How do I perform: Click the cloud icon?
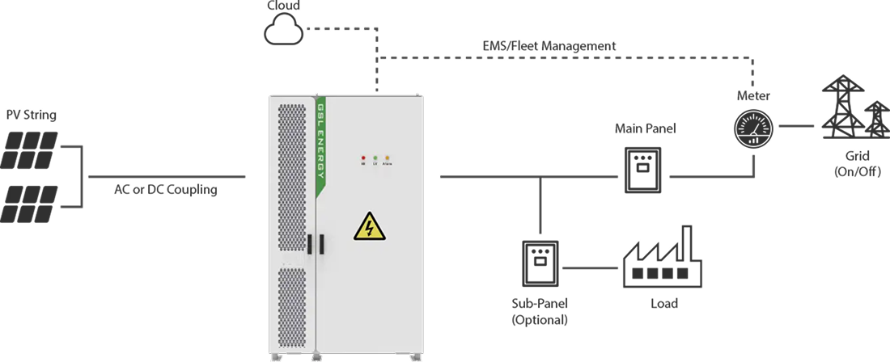click(x=282, y=30)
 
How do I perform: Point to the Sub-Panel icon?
click(x=540, y=263)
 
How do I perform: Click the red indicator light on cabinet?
click(x=364, y=158)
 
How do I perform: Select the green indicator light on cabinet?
click(x=376, y=158)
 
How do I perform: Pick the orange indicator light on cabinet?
click(x=388, y=158)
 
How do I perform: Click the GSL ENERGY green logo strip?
click(x=321, y=145)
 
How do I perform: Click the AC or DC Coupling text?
click(x=165, y=191)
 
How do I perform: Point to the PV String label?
click(x=31, y=116)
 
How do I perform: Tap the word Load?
click(x=663, y=304)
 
